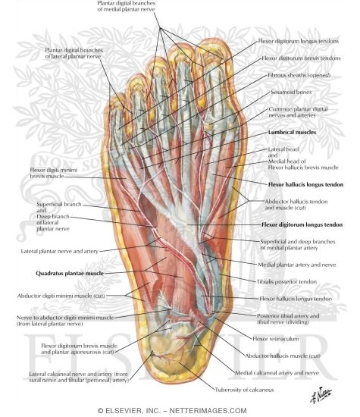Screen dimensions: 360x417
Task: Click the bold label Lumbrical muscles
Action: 293,132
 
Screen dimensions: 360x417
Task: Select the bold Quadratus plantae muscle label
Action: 70,274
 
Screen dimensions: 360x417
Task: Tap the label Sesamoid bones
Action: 291,92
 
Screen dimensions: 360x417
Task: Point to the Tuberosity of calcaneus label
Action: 244,390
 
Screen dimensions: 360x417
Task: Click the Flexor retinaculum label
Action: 276,339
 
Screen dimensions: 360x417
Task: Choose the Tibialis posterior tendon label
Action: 286,281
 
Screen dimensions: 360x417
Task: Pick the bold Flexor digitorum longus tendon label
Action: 302,224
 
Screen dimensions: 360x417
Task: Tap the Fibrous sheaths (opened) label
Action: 299,75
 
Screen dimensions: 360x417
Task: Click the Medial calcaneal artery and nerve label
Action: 277,373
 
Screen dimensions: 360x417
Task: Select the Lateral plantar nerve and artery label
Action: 60,251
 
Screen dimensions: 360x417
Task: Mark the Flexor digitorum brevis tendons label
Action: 301,58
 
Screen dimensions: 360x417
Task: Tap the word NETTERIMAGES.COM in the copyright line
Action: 208,411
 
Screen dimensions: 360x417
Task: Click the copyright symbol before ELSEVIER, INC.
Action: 100,411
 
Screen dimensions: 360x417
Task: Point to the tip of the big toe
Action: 214,39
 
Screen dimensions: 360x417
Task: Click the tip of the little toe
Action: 114,95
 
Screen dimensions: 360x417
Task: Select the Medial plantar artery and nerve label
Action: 297,265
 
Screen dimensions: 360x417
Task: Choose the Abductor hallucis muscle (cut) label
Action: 283,356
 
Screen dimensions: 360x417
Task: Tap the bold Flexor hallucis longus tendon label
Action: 305,184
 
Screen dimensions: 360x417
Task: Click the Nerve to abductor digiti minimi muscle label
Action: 65,318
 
